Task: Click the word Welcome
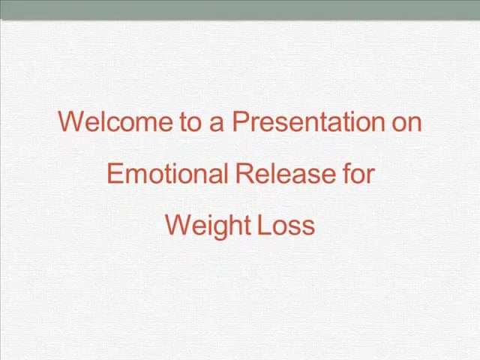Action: click(x=115, y=121)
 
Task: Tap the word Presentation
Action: click(x=308, y=121)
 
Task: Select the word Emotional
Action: click(x=167, y=173)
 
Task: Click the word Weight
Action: click(x=208, y=226)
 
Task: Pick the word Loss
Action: click(x=286, y=225)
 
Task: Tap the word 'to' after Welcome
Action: click(x=190, y=122)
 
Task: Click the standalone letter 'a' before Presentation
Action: click(x=217, y=125)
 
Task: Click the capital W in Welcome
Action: click(x=72, y=121)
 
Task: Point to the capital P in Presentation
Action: click(x=241, y=121)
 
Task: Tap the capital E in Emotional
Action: click(x=115, y=173)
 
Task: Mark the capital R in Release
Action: click(x=244, y=173)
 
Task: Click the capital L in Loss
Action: click(x=264, y=225)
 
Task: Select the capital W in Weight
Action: click(x=179, y=225)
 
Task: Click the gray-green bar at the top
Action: click(x=240, y=10)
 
